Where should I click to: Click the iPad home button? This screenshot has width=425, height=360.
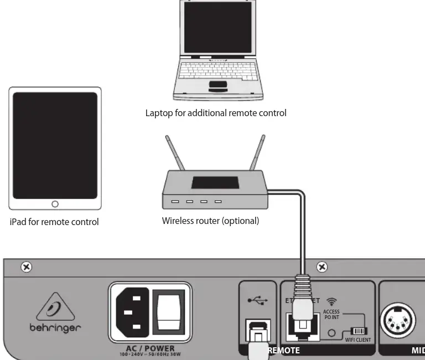pyautogui.click(x=55, y=204)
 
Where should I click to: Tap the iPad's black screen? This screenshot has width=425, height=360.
pyautogui.click(x=55, y=145)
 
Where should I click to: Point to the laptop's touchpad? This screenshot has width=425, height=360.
pyautogui.click(x=217, y=85)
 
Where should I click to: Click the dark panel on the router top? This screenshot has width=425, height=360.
pyautogui.click(x=215, y=183)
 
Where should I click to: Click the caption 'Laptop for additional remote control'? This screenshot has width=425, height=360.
pyautogui.click(x=216, y=113)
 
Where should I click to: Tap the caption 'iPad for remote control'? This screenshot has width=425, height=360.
pyautogui.click(x=54, y=222)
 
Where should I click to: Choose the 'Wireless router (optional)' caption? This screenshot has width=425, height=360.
pyautogui.click(x=210, y=221)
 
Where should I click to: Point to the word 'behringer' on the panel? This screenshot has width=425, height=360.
pyautogui.click(x=55, y=327)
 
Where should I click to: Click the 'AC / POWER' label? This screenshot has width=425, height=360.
pyautogui.click(x=150, y=348)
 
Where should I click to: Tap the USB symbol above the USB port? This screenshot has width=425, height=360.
pyautogui.click(x=257, y=300)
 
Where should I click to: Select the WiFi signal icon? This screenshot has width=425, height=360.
pyautogui.click(x=331, y=301)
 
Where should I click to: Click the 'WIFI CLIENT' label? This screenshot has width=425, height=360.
pyautogui.click(x=358, y=340)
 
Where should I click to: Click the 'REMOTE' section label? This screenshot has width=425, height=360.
pyautogui.click(x=283, y=350)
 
